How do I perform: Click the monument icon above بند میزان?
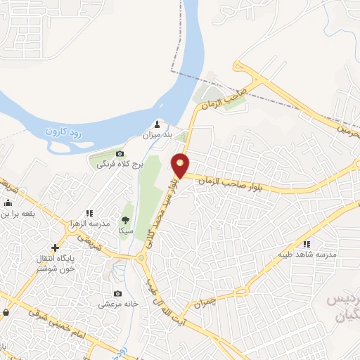156,124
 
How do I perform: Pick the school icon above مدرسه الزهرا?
89,212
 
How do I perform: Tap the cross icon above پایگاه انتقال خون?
55,247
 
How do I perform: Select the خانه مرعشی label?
116,304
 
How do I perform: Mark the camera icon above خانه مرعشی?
117,293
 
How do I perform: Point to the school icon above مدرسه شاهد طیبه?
307,243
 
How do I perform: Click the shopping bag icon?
6,312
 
